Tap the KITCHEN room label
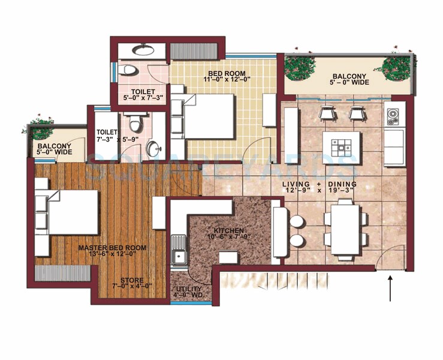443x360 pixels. (x=228, y=231)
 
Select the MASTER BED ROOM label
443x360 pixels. (x=112, y=248)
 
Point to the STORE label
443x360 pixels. (x=131, y=280)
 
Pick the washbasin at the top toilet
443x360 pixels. (x=143, y=50)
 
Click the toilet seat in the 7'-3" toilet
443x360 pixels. (x=135, y=124)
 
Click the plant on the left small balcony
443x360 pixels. (x=40, y=127)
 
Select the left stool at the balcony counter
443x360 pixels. (x=327, y=112)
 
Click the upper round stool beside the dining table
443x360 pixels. (x=297, y=221)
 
